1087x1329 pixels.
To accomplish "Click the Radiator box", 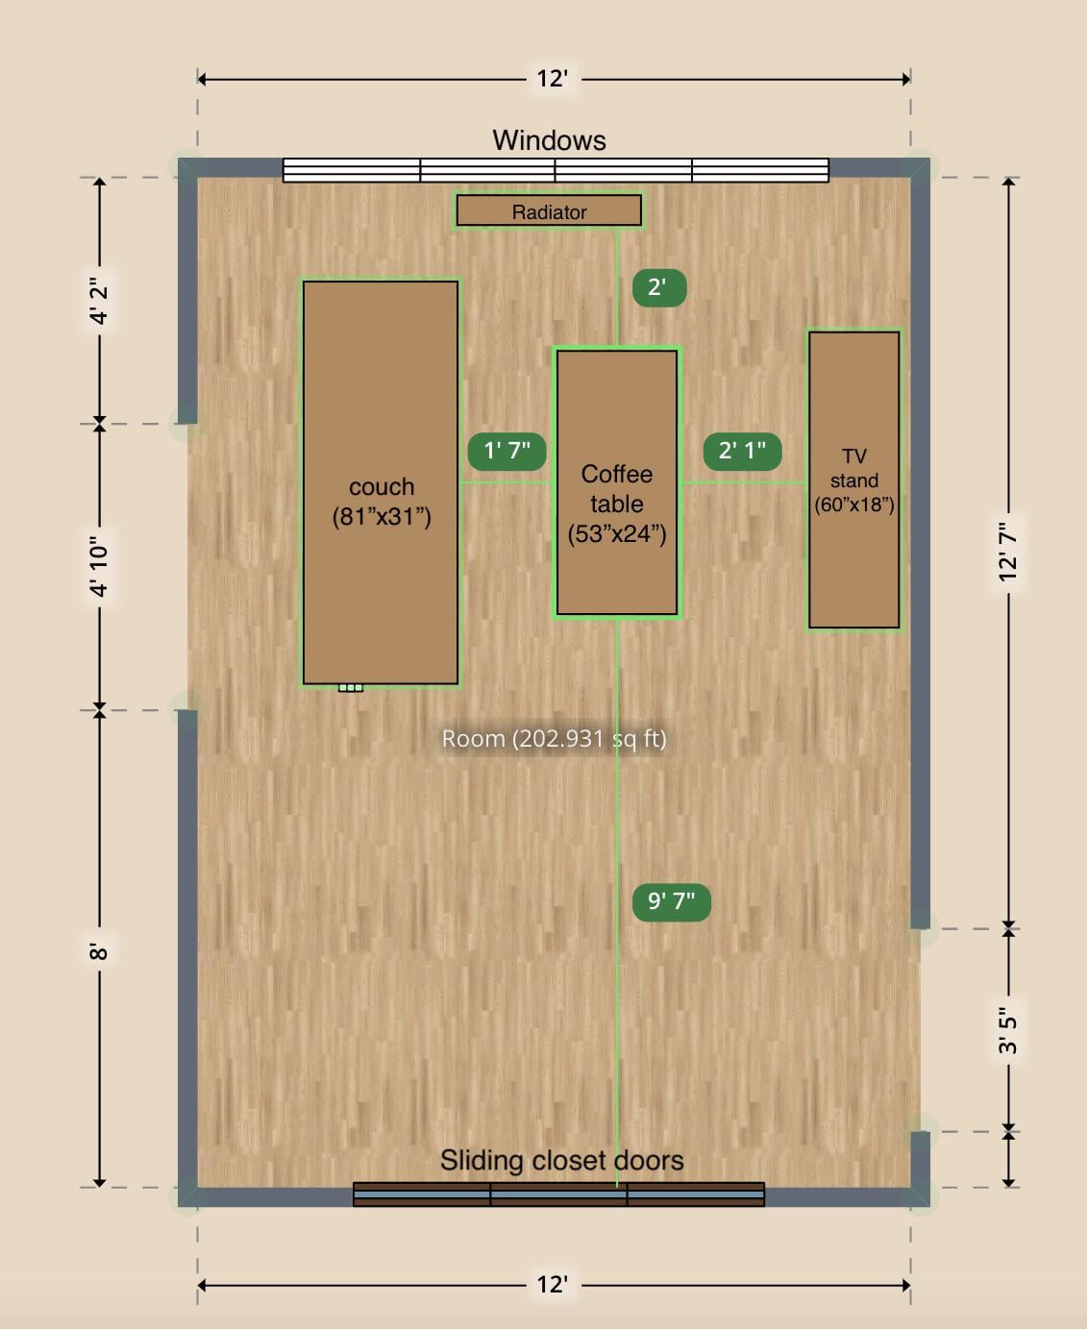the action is coord(549,210).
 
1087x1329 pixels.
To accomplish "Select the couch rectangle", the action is coord(381,482).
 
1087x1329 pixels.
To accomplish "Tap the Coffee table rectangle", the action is coord(617,482).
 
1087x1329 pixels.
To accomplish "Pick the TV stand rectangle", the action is coord(853,480).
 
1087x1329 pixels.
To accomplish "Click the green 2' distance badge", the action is coord(659,288).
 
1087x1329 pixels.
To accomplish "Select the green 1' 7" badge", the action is coord(506,452).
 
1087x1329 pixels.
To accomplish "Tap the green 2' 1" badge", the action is coord(742,452).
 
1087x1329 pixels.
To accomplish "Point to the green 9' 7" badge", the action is coord(672,902).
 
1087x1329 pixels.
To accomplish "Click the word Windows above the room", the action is coord(549,140).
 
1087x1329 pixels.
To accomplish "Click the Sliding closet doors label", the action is coord(561,1160).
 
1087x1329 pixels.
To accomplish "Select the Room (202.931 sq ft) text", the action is coord(554,739).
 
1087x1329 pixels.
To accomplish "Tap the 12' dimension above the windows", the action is coord(553,79).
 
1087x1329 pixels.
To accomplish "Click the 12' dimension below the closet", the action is coord(553,1284).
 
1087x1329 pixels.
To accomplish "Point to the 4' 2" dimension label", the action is coord(100,301).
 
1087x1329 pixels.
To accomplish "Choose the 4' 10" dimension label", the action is coord(100,567).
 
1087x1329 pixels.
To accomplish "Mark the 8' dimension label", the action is coord(100,951).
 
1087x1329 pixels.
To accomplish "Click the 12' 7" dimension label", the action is coord(1008,552).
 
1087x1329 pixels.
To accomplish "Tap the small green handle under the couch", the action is coord(351,687).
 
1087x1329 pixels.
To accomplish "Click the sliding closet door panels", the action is coord(559,1194).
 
